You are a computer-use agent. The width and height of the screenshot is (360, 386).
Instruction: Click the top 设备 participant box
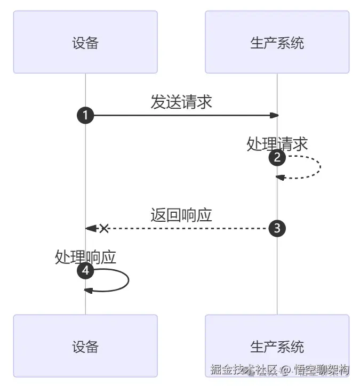point(85,42)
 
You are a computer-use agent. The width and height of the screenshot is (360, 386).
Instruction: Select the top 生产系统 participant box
point(277,42)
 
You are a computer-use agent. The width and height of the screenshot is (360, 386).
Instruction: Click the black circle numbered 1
point(85,115)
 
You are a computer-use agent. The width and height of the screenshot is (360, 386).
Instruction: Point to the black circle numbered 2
point(277,158)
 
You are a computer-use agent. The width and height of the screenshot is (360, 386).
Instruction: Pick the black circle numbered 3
point(277,228)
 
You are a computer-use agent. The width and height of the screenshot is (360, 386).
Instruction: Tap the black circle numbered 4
point(85,271)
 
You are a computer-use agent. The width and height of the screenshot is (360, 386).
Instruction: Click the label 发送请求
point(181,102)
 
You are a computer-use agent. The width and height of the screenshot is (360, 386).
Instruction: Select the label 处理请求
point(277,144)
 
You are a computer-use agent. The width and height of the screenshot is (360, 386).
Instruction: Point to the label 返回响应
point(181,215)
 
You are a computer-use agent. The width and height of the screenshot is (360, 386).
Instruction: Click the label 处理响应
point(85,257)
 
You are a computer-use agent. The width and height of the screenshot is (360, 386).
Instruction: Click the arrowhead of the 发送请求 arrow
point(274,115)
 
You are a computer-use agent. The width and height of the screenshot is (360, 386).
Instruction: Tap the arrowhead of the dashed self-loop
point(280,178)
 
